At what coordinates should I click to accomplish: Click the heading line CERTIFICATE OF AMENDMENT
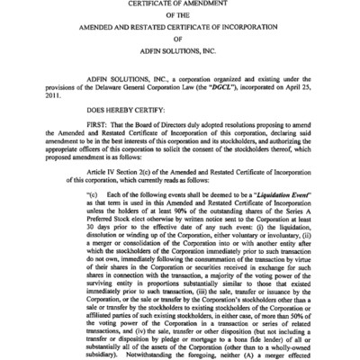pyautogui.click(x=179, y=4)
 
